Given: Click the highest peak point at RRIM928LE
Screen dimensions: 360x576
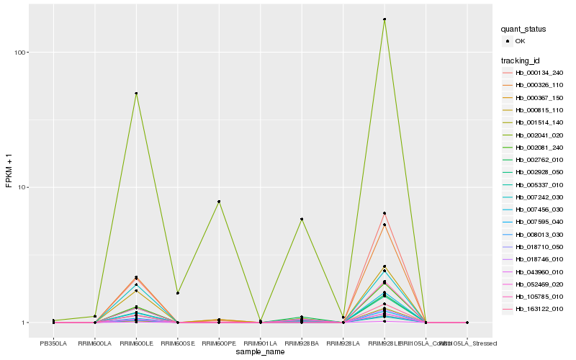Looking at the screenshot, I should [384, 19].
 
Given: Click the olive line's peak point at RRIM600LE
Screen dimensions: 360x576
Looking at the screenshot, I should [136, 94].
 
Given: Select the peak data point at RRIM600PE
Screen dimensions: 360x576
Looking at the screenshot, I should [219, 202].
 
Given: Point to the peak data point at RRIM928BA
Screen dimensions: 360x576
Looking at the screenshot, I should [302, 219].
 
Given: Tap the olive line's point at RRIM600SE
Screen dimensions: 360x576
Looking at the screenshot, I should [178, 293].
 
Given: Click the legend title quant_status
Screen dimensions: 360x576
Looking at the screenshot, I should [524, 29].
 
